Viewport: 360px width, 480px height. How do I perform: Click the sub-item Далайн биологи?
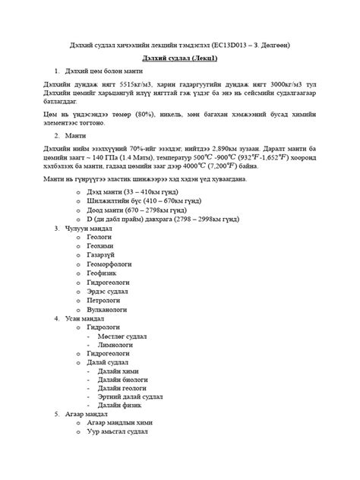[x=123, y=383]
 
